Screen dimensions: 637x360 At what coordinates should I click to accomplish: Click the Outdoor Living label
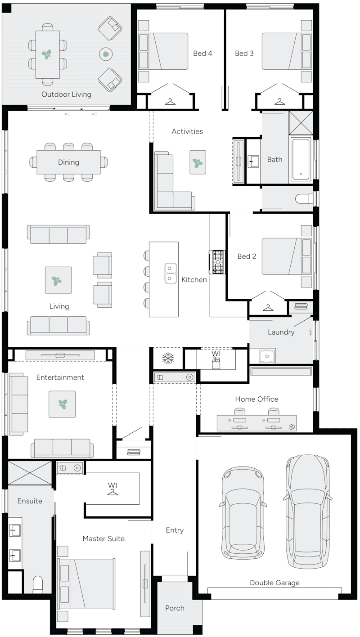[x=66, y=94]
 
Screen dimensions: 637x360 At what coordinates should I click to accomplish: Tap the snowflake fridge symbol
[x=168, y=359]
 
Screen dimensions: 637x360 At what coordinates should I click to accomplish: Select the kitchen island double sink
[x=171, y=273]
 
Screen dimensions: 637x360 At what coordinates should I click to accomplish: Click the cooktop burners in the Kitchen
[x=218, y=262]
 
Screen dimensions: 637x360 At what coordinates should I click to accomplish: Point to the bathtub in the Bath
[x=301, y=160]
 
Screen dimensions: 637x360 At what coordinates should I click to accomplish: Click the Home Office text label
[x=256, y=399]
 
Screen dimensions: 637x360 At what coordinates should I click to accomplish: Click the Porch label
[x=175, y=608]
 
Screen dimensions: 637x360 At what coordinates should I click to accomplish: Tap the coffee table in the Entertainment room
[x=62, y=404]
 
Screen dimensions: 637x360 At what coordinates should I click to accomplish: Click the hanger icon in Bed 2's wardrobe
[x=268, y=308]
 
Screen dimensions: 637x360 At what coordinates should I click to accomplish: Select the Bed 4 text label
[x=202, y=54]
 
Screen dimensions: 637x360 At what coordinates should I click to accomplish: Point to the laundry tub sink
[x=267, y=356]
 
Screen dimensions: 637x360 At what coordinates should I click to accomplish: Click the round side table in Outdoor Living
[x=106, y=54]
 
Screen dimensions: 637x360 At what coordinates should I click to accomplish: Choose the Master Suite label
[x=103, y=538]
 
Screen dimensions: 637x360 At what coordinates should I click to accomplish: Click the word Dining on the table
[x=68, y=162]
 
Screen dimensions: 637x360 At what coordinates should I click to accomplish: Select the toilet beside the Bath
[x=303, y=198]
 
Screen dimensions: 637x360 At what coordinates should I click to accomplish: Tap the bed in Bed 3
[x=286, y=51]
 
